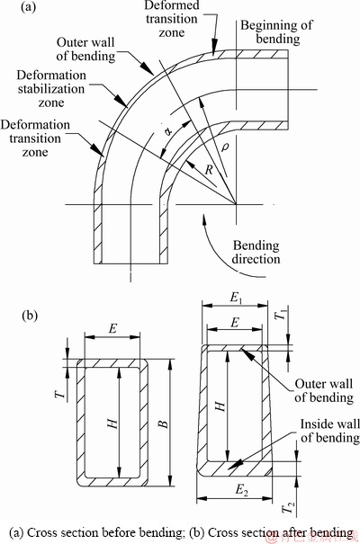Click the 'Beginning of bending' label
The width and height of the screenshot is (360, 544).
276,31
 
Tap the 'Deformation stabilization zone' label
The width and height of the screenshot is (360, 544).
51,89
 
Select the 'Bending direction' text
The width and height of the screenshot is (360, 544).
256,253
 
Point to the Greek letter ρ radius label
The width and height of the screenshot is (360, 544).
225,147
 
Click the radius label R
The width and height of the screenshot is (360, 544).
209,170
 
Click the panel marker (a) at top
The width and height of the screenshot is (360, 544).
28,6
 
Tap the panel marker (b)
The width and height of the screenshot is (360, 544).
30,316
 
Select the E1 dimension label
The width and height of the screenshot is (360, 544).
236,298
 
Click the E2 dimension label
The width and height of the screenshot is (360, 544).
242,491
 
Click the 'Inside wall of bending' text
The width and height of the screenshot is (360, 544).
329,431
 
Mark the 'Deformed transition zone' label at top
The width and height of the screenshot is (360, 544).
172,19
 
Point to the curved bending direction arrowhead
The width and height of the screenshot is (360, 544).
204,219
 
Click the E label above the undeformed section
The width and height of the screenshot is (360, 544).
112,328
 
